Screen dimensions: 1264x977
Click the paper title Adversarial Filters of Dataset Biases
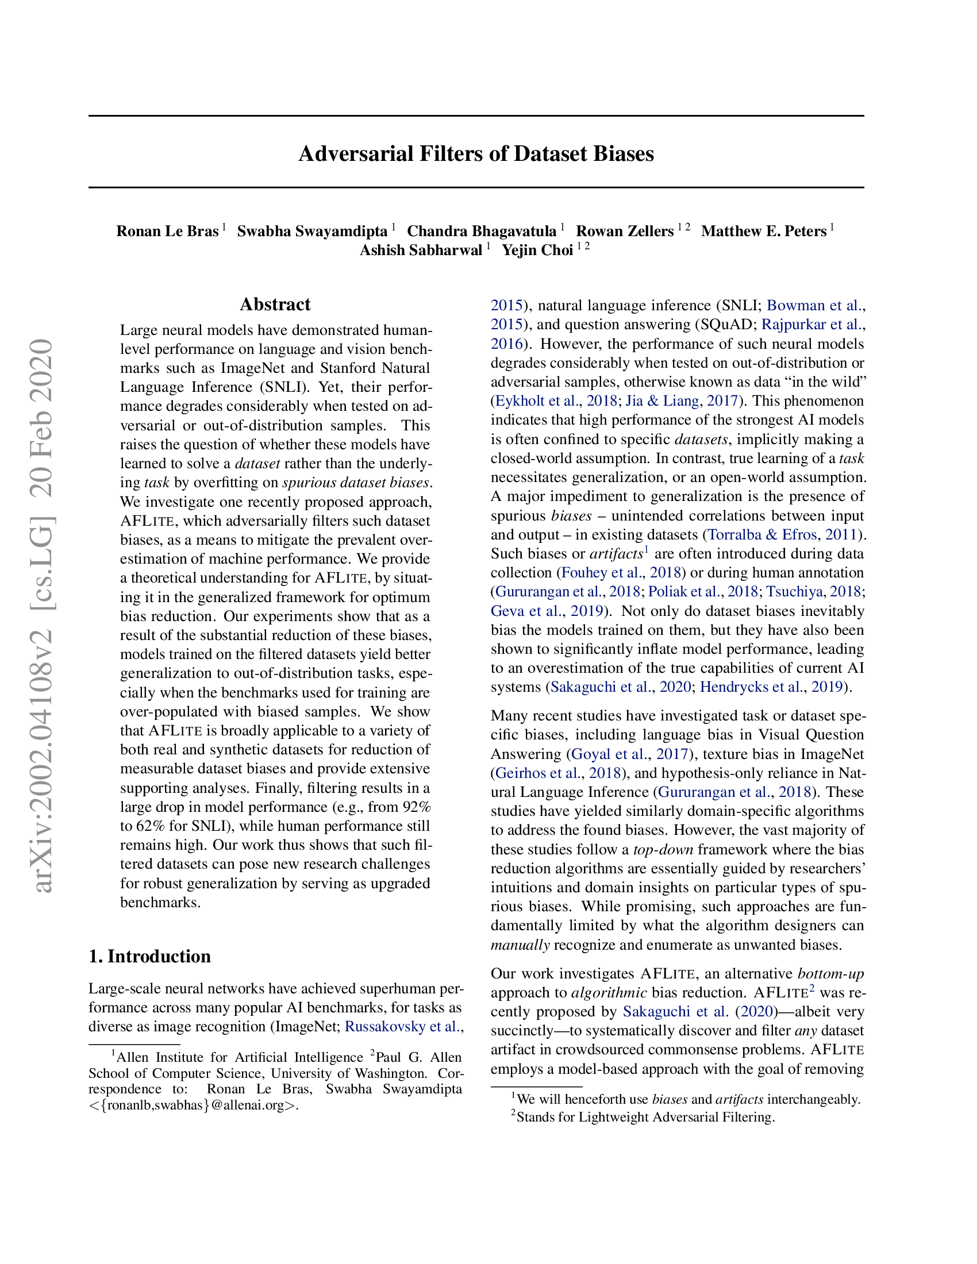[x=476, y=154]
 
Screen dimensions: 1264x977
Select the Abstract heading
[x=275, y=305]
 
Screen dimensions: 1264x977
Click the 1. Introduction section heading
[x=149, y=956]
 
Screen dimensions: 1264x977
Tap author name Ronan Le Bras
[x=167, y=231]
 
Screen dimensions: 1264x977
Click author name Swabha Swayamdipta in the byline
[x=312, y=231]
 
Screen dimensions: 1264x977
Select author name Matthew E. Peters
[x=763, y=231]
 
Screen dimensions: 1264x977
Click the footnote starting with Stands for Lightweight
[x=645, y=1116]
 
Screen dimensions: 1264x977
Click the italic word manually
[x=520, y=945]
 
